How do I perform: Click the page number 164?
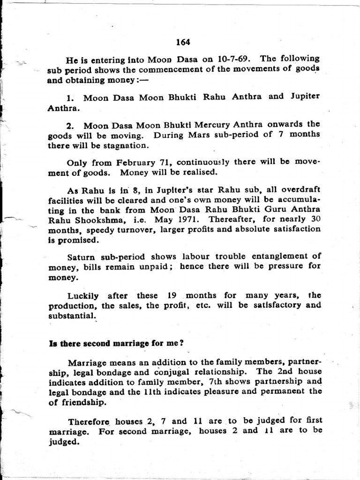[x=183, y=42]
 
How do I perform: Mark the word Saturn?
[x=82, y=257]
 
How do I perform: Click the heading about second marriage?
[x=116, y=343]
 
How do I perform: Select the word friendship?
[x=83, y=402]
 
